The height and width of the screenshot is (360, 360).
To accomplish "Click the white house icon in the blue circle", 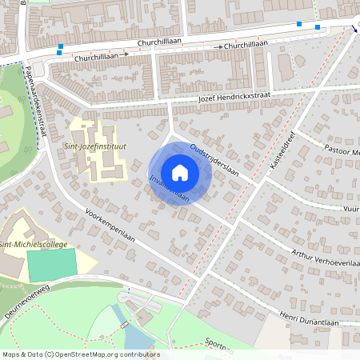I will [180, 172].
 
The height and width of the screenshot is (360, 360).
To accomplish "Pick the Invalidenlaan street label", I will [169, 186].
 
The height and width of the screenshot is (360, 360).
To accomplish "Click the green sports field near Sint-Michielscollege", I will [51, 263].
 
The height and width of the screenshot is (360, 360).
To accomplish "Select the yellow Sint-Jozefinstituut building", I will [102, 160].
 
